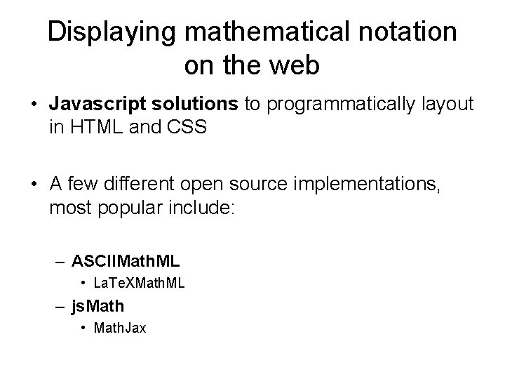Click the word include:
pyautogui.click(x=205, y=208)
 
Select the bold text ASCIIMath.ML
pyautogui.click(x=126, y=262)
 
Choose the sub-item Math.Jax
pyautogui.click(x=120, y=328)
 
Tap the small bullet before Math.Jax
pyautogui.click(x=83, y=328)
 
